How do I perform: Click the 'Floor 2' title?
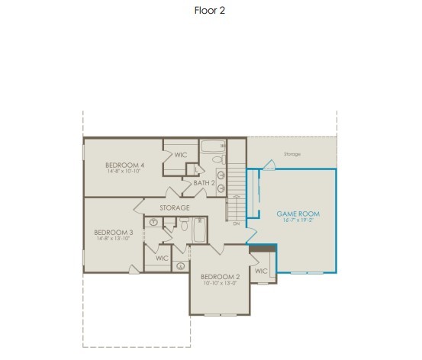point(210,11)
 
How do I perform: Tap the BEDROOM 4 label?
point(125,165)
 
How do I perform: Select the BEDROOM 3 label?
point(114,233)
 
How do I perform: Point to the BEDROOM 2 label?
point(221,276)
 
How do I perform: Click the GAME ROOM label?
point(298,214)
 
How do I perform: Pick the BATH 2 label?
point(204,183)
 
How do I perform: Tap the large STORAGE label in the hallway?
point(175,207)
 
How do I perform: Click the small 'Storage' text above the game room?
point(292,154)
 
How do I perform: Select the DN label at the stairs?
point(237,223)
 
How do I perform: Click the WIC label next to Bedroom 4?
point(181,155)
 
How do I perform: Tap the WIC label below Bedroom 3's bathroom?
point(162,258)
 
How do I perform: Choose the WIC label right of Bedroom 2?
point(261,271)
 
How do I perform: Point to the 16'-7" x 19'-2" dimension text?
point(298,221)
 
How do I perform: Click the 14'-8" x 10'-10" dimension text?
point(125,172)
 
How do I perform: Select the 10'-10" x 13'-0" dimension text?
point(221,284)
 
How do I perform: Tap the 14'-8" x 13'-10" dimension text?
point(114,239)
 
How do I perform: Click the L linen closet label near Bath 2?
point(197,169)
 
